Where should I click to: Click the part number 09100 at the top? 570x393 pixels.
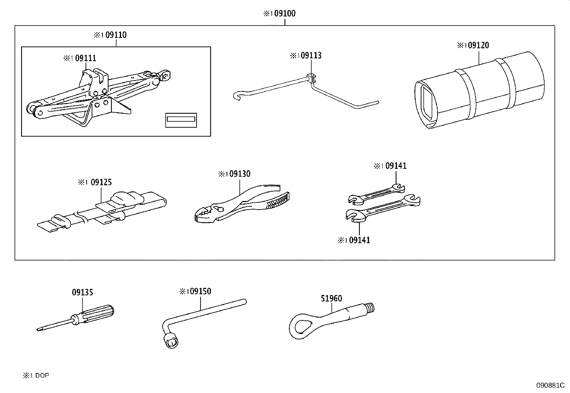click(x=285, y=13)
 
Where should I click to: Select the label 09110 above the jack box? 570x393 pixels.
click(x=116, y=35)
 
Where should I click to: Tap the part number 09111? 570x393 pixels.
click(x=86, y=58)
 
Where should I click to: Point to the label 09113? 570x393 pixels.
click(x=311, y=55)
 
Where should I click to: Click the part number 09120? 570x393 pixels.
click(x=478, y=45)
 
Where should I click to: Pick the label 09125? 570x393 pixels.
click(x=101, y=182)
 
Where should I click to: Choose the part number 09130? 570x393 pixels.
click(x=240, y=174)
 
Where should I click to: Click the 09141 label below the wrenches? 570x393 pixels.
click(x=359, y=240)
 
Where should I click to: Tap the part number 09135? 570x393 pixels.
click(x=82, y=293)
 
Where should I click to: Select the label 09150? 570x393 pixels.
click(x=201, y=291)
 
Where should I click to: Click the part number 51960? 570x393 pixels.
click(x=331, y=299)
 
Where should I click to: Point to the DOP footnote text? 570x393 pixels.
click(x=42, y=375)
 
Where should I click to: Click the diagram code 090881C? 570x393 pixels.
click(x=550, y=385)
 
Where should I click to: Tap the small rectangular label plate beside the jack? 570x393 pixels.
click(x=181, y=120)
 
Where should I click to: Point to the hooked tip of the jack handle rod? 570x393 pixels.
click(x=237, y=95)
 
